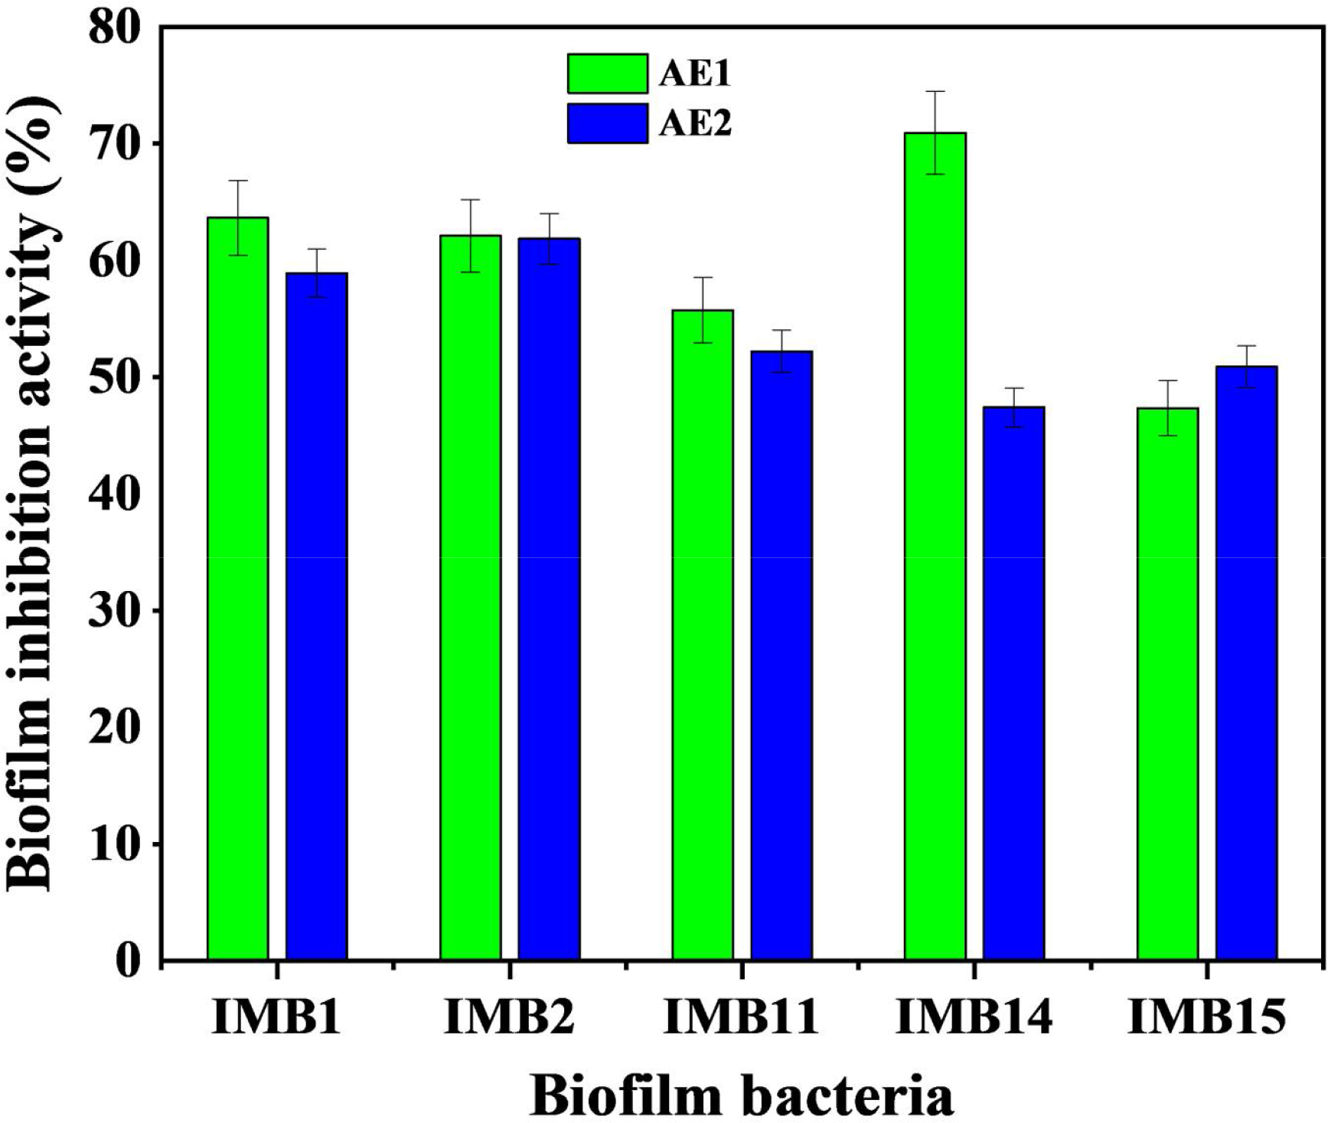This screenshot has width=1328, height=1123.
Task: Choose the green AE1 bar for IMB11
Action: click(703, 635)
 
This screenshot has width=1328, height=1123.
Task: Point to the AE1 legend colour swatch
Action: click(607, 73)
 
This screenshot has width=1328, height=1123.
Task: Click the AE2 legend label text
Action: click(695, 123)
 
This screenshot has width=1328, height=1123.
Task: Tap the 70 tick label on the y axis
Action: click(116, 144)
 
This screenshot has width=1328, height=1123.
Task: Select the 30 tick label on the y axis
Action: click(116, 611)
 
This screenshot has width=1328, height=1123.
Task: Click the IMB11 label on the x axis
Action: click(741, 1017)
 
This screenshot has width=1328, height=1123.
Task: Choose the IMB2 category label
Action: click(509, 1017)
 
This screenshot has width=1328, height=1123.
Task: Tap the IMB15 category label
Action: click(1207, 1017)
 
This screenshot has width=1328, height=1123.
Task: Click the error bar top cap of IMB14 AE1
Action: click(935, 92)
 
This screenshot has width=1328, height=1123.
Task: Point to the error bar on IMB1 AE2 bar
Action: click(316, 273)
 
